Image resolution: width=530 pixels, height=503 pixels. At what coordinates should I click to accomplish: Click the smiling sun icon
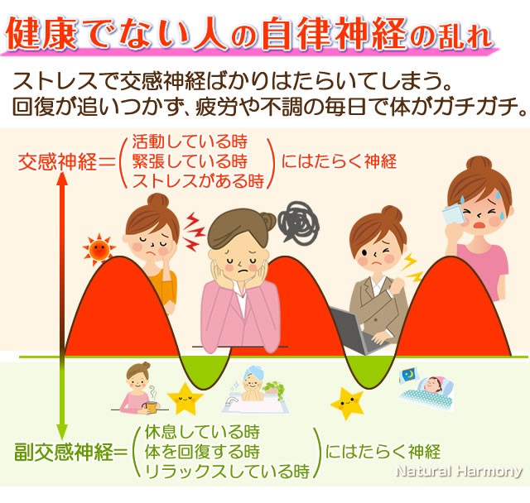(x=99, y=250)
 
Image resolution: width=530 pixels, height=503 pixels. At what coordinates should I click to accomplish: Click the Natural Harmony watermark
(x=459, y=471)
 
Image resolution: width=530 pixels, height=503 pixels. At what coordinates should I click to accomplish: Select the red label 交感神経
(x=57, y=161)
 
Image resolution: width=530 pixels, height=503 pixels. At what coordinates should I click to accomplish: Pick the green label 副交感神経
(x=63, y=452)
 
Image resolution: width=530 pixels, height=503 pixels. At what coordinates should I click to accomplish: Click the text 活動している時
(x=190, y=141)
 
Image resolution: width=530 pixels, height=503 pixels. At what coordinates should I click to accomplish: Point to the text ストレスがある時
(x=198, y=180)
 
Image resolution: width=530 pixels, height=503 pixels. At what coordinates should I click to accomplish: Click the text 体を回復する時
(x=202, y=452)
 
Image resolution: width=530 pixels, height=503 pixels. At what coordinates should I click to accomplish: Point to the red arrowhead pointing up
(x=62, y=179)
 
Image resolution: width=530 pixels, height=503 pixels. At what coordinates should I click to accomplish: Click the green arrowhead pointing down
(x=62, y=432)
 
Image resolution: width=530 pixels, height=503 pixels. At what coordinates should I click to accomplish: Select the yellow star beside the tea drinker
(x=185, y=399)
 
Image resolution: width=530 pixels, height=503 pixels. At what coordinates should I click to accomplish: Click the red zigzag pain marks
(x=194, y=232)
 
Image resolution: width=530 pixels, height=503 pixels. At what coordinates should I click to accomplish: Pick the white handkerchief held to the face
(x=453, y=213)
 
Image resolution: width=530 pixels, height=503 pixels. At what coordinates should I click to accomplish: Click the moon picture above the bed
(x=409, y=375)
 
